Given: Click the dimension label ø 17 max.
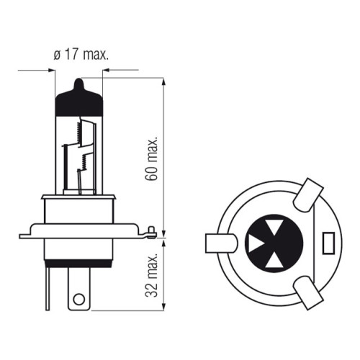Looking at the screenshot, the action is click(x=81, y=55).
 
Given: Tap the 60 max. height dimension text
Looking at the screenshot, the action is click(x=151, y=158).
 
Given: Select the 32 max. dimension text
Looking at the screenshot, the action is click(x=151, y=275).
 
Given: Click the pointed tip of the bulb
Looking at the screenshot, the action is click(x=79, y=79).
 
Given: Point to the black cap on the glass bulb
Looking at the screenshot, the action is click(x=79, y=101).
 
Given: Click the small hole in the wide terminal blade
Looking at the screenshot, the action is click(x=79, y=300).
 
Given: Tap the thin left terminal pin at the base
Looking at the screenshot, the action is click(x=48, y=289).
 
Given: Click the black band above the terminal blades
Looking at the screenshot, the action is click(x=79, y=264).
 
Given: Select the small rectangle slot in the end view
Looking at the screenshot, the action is click(x=328, y=243).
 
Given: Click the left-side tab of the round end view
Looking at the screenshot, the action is click(x=221, y=243).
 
